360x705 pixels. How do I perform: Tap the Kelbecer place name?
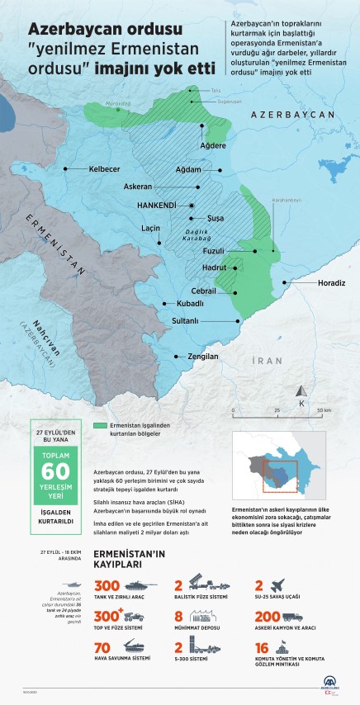(105, 168)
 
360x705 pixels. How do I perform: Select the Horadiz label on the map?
(330, 282)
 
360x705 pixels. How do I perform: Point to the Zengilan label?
(202, 357)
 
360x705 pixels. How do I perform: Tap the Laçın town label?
(150, 227)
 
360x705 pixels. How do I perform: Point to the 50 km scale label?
(323, 410)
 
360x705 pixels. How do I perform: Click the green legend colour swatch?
(101, 426)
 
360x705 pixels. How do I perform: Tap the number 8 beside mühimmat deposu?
(178, 615)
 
